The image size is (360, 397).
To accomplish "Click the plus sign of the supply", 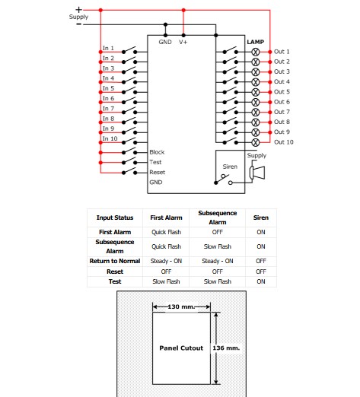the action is [78, 10].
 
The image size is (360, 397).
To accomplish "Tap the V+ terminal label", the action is [183, 42].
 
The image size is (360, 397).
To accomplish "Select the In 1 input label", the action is [108, 48].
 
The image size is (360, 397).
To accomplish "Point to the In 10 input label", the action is [110, 138].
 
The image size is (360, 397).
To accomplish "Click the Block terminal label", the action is [157, 152].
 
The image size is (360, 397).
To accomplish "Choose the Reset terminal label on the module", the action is [157, 173].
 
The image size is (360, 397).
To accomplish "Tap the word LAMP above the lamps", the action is [256, 42].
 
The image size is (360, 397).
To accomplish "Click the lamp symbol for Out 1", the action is [256, 52].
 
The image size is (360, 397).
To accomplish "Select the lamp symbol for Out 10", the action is [256, 142].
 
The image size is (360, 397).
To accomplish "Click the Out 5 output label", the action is [282, 92].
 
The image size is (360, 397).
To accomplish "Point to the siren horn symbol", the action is [257, 173].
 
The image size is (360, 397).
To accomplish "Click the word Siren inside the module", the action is [230, 167].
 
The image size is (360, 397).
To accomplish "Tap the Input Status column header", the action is [115, 218].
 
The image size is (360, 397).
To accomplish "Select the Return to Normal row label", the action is [115, 261].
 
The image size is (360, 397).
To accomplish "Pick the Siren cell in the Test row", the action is [261, 281].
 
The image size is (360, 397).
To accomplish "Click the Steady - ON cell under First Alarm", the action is [166, 261].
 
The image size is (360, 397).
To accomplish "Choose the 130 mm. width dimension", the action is [181, 306].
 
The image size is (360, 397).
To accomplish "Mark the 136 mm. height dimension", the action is [226, 348].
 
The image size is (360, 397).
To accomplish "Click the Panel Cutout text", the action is [181, 348].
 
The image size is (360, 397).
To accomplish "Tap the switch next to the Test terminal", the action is [129, 160].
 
